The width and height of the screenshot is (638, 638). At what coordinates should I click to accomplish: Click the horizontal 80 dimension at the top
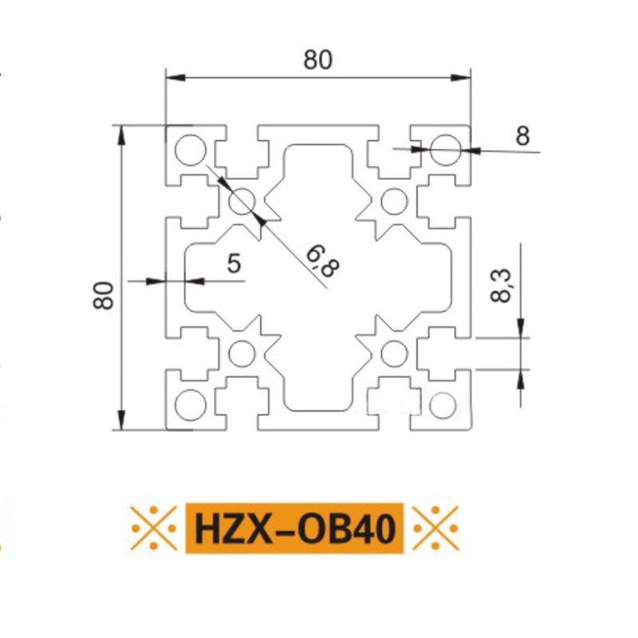coord(317,61)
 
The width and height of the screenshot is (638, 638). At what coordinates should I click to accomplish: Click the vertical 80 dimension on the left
coord(104,295)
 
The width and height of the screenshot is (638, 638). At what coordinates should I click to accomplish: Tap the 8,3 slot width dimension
coord(501,286)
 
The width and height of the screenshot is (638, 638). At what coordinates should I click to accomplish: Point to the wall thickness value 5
coord(234,263)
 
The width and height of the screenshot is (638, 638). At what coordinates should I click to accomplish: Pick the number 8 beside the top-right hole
coord(523,136)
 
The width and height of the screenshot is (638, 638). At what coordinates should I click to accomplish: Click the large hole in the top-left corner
coord(191,150)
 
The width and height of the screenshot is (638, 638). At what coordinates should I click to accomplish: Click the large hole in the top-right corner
coord(446,150)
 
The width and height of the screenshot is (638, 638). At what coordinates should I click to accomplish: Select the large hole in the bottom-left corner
coord(191,405)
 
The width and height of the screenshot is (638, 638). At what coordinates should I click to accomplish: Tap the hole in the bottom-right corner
coord(443,405)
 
